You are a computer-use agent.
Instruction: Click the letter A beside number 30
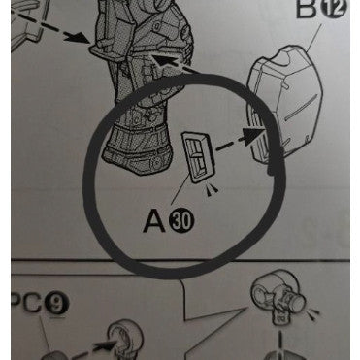tap(155, 220)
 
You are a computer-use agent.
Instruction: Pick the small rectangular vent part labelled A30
tap(198, 156)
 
